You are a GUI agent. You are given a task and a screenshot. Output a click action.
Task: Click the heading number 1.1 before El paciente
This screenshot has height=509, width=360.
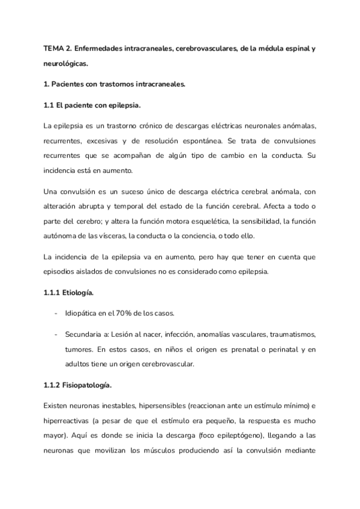[x=49, y=105]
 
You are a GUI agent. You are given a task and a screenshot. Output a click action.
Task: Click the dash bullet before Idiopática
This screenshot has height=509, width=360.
[x=55, y=313]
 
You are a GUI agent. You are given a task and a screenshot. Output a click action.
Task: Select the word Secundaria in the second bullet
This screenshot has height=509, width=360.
[x=85, y=333]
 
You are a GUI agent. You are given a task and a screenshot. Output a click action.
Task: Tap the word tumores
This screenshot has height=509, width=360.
[x=80, y=349]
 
